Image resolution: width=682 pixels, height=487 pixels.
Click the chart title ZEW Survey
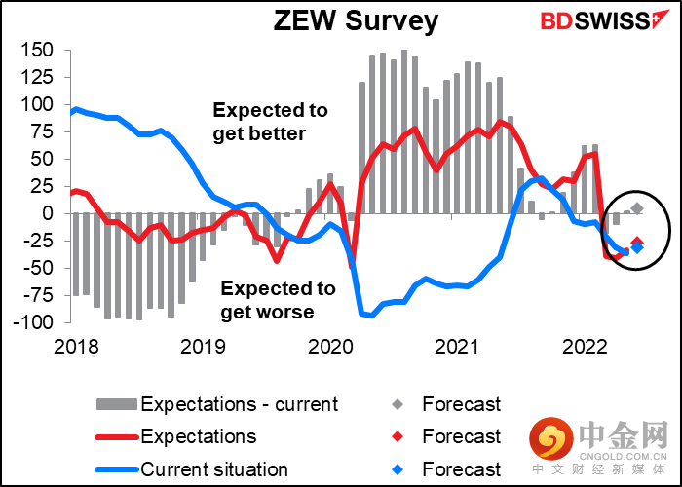pos(356,21)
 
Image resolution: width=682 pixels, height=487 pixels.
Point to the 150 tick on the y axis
pos(37,50)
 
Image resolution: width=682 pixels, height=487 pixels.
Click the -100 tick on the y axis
pos(33,322)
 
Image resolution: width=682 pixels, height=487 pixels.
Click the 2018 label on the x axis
pos(76,348)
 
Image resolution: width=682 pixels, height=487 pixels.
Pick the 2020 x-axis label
pos(330,348)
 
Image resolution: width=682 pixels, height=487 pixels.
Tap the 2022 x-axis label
pos(585,348)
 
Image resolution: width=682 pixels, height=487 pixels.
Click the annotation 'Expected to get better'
pos(270,122)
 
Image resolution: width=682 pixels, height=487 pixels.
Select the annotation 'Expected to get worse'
pos(278,300)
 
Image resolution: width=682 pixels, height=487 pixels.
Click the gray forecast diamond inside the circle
pos(637,208)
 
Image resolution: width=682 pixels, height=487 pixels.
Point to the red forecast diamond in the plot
pos(637,243)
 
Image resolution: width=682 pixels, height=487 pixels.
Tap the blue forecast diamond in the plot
pos(637,247)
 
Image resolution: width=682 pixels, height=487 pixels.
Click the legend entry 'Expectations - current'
pos(217,404)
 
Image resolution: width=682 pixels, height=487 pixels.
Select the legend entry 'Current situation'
pos(192,469)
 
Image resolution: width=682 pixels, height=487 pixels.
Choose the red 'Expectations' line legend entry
pos(175,436)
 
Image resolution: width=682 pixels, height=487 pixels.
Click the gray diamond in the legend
pos(398,404)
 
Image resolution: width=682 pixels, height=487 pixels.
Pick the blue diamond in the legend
pos(398,469)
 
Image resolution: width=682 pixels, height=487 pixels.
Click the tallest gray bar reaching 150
pos(404,131)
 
